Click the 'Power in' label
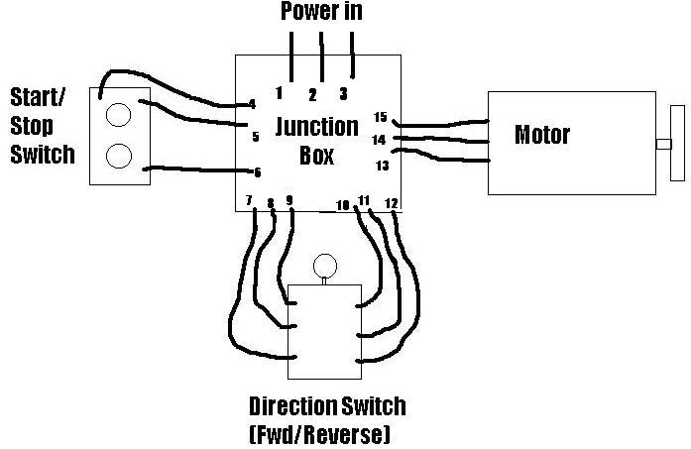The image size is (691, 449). pos(321,12)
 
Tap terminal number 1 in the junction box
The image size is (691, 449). pos(280,93)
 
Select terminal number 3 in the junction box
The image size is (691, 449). pos(343,94)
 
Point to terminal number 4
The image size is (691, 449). pos(252,103)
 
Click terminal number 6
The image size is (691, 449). pos(257,172)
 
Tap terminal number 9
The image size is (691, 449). pos(289,200)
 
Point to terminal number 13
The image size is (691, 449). pos(381,166)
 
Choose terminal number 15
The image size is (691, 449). pos(380,118)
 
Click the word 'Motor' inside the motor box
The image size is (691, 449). pos(542,134)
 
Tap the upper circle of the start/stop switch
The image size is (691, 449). pos(119,115)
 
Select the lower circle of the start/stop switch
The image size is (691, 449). pos(119,157)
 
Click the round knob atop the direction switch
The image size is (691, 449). pos(324,266)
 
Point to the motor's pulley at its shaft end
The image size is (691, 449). pos(677,144)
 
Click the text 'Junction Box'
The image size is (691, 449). pos(316,141)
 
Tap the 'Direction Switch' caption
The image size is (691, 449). pos(327,406)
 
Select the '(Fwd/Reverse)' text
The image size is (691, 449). pos(320,434)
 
